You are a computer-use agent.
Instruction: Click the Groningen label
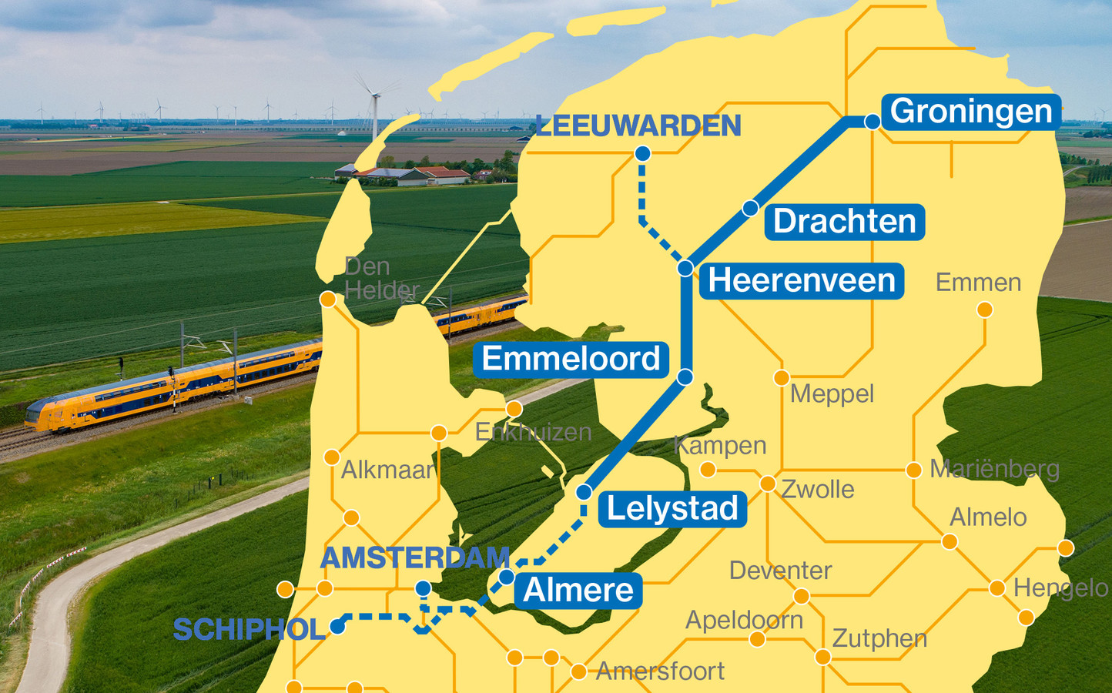click(x=971, y=112)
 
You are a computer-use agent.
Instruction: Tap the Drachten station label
click(x=845, y=222)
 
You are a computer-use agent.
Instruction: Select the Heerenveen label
click(x=802, y=281)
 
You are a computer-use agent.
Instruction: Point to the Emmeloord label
click(x=571, y=360)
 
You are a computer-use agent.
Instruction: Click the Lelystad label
click(x=672, y=509)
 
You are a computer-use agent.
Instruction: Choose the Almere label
click(x=578, y=591)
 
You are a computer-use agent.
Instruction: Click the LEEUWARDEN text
click(x=638, y=126)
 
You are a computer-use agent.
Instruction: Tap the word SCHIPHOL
click(x=249, y=630)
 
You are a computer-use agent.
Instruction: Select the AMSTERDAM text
click(x=414, y=557)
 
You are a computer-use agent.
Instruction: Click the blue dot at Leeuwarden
click(x=642, y=154)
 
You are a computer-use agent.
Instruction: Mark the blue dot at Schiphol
click(x=337, y=627)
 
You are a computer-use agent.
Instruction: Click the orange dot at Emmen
click(x=984, y=310)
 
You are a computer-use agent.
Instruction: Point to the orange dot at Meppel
click(x=782, y=377)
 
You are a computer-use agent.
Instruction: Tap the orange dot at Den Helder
click(x=328, y=300)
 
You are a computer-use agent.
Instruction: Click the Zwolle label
click(x=818, y=489)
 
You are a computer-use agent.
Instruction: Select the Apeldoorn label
click(x=744, y=620)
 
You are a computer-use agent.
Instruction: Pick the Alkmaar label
click(x=387, y=470)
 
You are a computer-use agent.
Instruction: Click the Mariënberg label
click(x=994, y=469)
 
